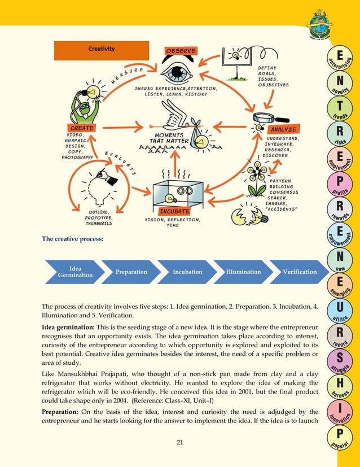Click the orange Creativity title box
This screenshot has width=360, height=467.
click(x=102, y=50)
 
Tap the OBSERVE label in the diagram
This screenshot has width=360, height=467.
click(x=181, y=51)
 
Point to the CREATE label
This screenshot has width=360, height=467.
click(x=82, y=128)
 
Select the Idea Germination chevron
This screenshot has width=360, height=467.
click(x=75, y=272)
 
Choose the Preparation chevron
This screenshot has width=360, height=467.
click(x=131, y=272)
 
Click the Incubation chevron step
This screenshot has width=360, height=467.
click(x=187, y=272)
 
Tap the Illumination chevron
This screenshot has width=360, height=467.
click(x=243, y=272)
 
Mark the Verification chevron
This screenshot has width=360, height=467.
click(x=299, y=272)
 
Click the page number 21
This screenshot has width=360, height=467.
click(x=180, y=442)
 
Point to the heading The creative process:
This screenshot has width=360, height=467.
click(x=73, y=239)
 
